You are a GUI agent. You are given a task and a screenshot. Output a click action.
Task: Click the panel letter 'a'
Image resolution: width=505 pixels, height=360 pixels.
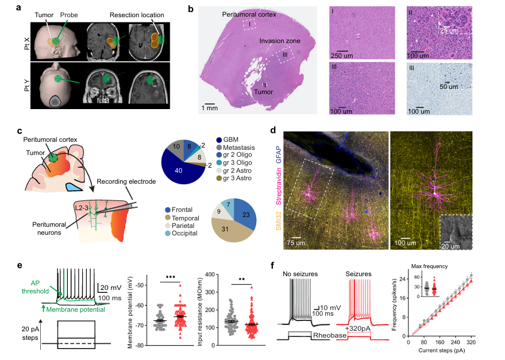(20, 8)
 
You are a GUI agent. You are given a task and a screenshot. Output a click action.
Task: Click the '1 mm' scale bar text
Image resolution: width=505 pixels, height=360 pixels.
(209, 107)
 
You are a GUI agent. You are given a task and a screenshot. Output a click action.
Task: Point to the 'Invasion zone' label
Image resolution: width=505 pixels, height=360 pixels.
(280, 41)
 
